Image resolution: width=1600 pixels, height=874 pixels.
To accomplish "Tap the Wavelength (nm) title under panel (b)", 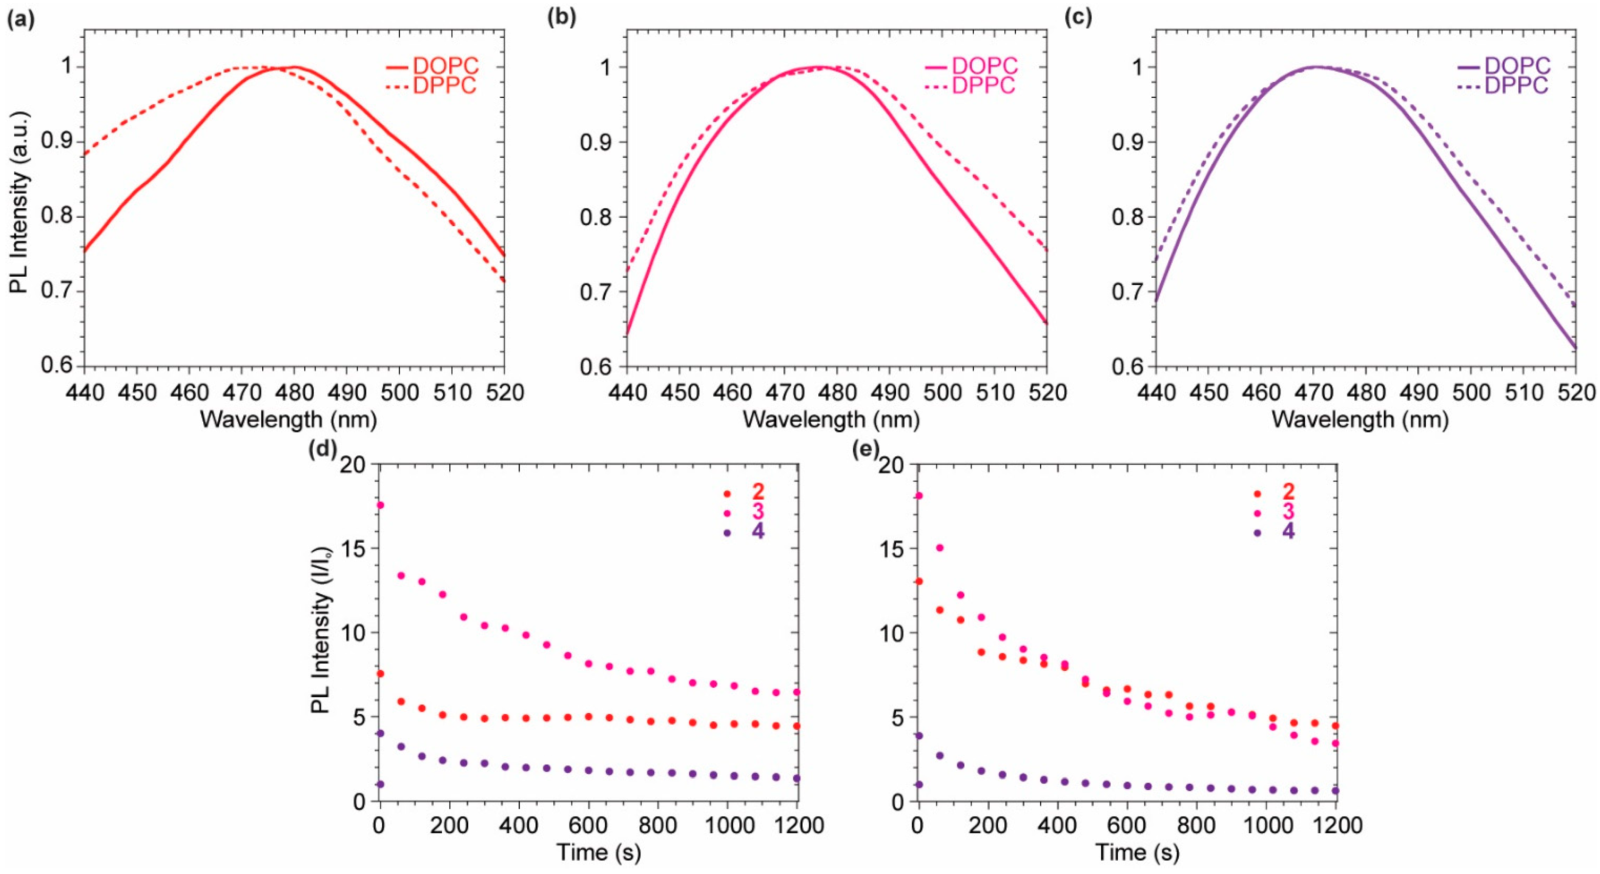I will tap(831, 420).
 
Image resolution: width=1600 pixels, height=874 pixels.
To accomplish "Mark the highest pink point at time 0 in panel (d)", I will tap(380, 505).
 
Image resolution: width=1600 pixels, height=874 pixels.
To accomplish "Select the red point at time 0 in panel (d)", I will tap(380, 673).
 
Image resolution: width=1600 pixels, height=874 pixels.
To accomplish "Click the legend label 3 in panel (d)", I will tap(758, 512).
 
